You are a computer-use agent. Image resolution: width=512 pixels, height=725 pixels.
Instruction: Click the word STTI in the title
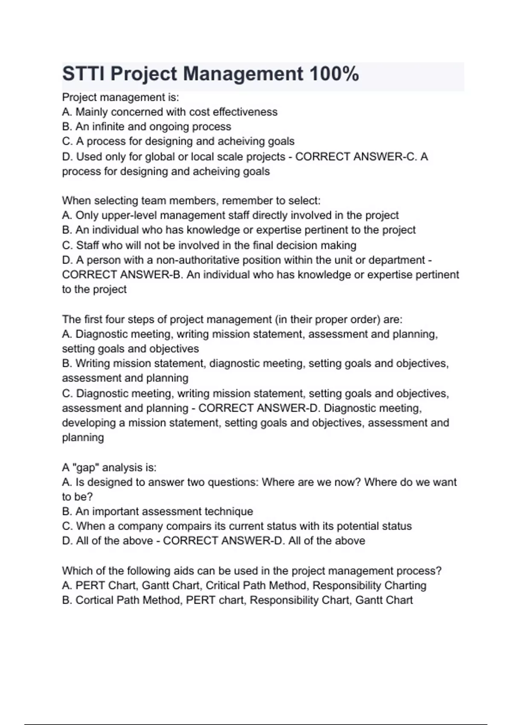[84, 74]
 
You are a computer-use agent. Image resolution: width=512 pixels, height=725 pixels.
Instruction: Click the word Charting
[405, 586]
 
